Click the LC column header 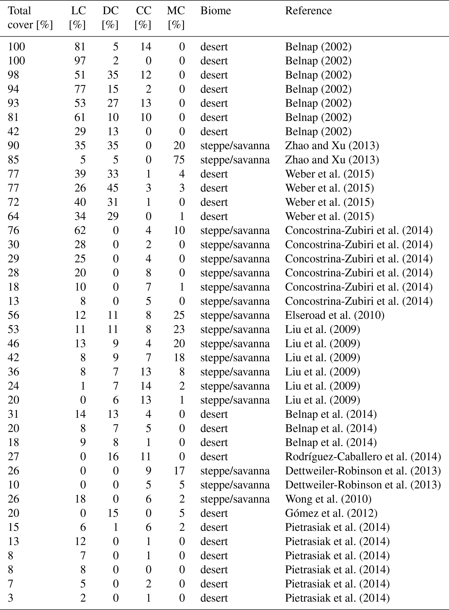78,18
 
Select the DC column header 110,18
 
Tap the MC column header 176,18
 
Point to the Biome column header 215,11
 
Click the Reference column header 308,11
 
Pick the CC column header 143,18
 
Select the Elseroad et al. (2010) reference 335,315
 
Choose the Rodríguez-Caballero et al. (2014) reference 363,457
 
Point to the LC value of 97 80,61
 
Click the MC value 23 179,329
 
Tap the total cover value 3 10,598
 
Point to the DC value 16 113,457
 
